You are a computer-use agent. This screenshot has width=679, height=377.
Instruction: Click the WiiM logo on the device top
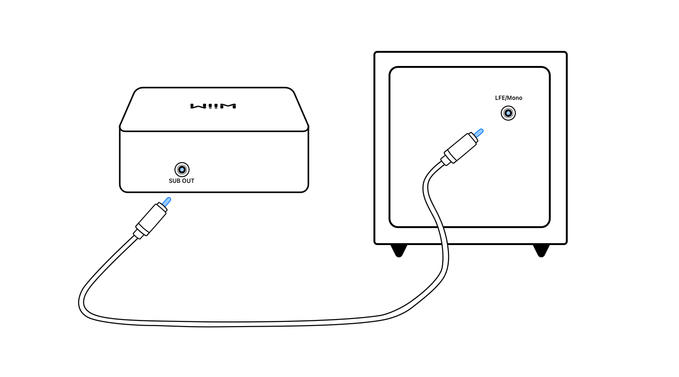213,106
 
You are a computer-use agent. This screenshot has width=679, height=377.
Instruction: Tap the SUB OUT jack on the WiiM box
182,170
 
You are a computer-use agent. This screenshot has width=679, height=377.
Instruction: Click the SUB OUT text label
182,181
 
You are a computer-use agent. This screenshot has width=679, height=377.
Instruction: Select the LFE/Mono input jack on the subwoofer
508,113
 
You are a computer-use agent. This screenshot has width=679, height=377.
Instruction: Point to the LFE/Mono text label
508,98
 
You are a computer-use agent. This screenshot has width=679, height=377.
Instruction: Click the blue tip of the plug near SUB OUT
166,202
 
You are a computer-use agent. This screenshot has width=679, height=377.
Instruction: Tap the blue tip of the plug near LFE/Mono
479,133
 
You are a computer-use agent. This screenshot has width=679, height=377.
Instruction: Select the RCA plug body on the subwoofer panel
461,148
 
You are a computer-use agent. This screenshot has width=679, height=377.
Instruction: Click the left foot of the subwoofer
399,250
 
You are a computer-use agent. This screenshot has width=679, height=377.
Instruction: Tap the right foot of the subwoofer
541,250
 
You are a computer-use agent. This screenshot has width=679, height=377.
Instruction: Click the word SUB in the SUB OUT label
174,181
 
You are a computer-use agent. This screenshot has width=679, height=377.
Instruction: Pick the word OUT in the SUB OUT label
188,181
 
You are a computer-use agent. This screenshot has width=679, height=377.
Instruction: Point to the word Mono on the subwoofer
514,98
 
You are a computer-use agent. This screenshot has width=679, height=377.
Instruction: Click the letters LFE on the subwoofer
500,98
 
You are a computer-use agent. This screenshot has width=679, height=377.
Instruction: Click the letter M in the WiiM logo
230,106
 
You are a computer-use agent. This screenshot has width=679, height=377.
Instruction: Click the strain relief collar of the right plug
446,161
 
